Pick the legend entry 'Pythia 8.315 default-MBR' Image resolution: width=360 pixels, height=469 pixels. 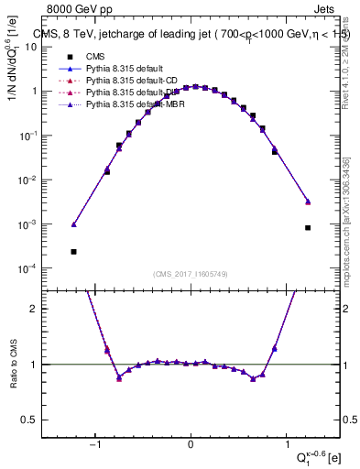(x=125, y=104)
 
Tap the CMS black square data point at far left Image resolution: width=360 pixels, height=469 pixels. (x=73, y=251)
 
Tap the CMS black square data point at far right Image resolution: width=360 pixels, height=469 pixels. (x=308, y=227)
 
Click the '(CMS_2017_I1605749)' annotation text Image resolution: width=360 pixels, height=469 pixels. (x=191, y=274)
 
